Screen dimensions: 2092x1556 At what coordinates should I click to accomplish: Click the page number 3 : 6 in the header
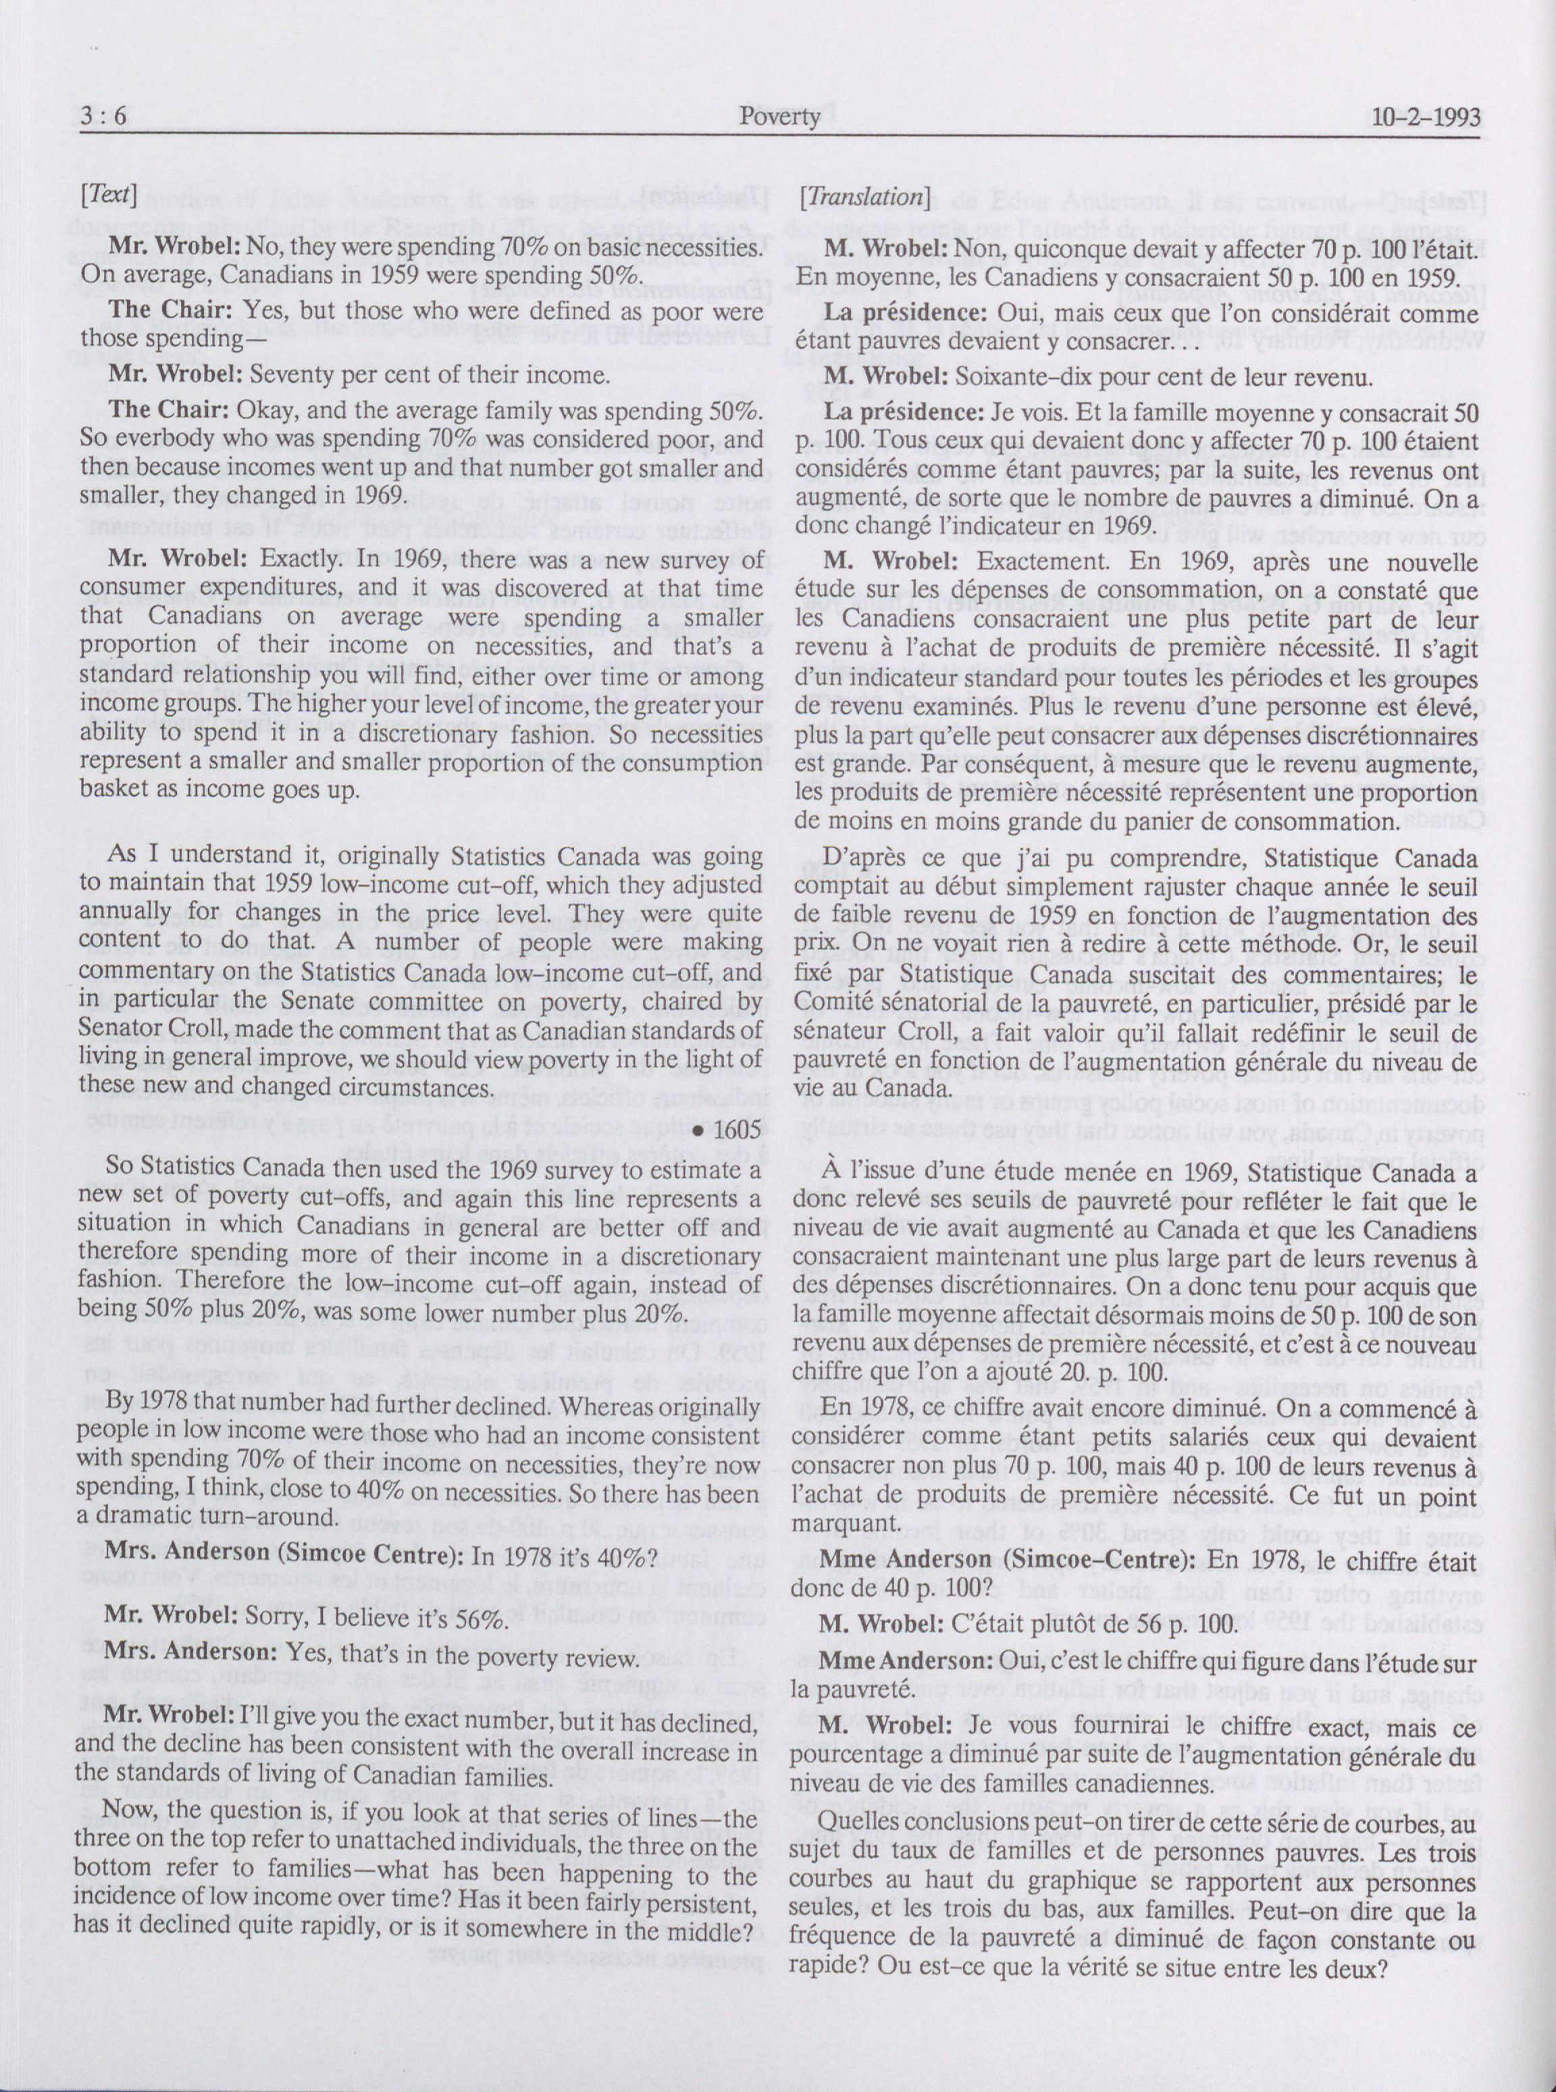105,117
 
